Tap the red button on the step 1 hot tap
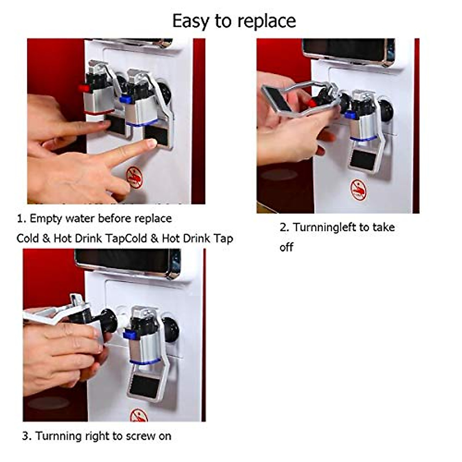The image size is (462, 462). click(82, 88)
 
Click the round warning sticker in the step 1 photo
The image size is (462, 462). click(134, 177)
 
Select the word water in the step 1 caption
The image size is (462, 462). click(80, 219)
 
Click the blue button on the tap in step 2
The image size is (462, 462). click(350, 115)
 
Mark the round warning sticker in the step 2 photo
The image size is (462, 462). click(358, 190)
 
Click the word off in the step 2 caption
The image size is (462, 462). click(286, 247)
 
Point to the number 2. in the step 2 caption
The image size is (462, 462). click(284, 227)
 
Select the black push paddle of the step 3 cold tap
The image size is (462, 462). click(144, 385)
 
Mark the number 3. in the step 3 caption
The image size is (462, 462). click(27, 436)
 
